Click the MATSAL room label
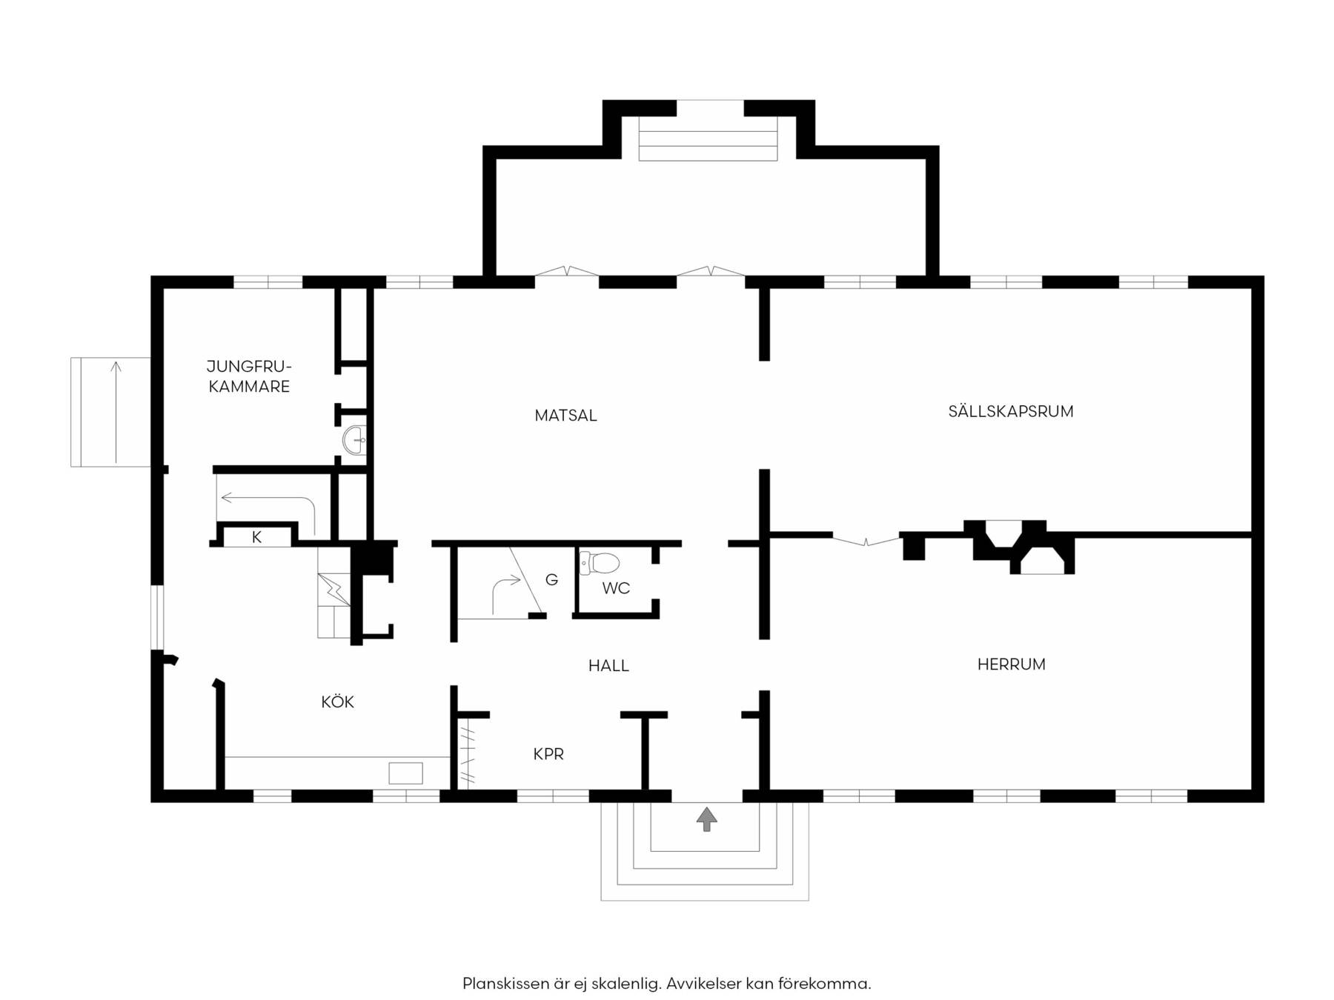565,416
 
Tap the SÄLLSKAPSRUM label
1011,411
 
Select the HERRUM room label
1011,664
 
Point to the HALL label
608,666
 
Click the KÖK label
337,701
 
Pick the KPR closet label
548,754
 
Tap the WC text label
616,588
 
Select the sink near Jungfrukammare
355,440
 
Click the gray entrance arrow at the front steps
706,819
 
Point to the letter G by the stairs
551,580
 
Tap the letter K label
256,538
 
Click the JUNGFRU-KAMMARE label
249,376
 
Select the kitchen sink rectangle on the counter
405,773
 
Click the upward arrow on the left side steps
116,411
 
